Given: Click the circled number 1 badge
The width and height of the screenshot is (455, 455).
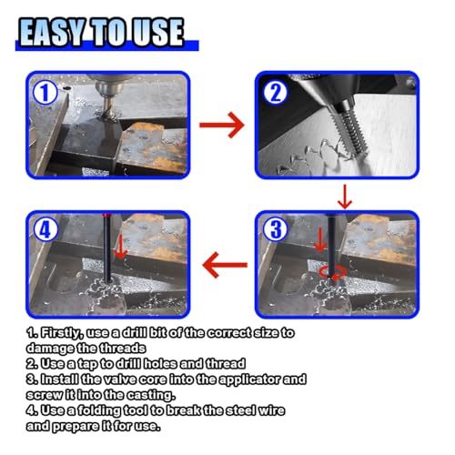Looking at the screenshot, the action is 45,93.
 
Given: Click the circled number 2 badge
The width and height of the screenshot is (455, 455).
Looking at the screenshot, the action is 275,93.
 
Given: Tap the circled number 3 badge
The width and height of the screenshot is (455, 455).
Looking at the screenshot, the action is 275,229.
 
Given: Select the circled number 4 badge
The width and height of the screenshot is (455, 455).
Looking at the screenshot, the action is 45,229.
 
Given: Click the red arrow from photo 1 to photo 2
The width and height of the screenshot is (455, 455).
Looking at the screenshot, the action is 222,125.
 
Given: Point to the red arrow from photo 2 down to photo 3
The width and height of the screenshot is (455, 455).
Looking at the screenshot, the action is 345,197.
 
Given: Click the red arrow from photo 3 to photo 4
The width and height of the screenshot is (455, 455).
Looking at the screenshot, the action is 225,265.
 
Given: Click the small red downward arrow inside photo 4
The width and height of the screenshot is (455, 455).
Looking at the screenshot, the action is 121,247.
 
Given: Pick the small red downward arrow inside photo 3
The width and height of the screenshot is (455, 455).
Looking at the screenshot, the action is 320,239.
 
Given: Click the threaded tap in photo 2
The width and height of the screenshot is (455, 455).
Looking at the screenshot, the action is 354,127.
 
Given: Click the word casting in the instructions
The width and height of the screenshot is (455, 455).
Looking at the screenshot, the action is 151,395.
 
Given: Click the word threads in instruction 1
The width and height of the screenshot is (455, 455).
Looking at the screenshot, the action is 123,349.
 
